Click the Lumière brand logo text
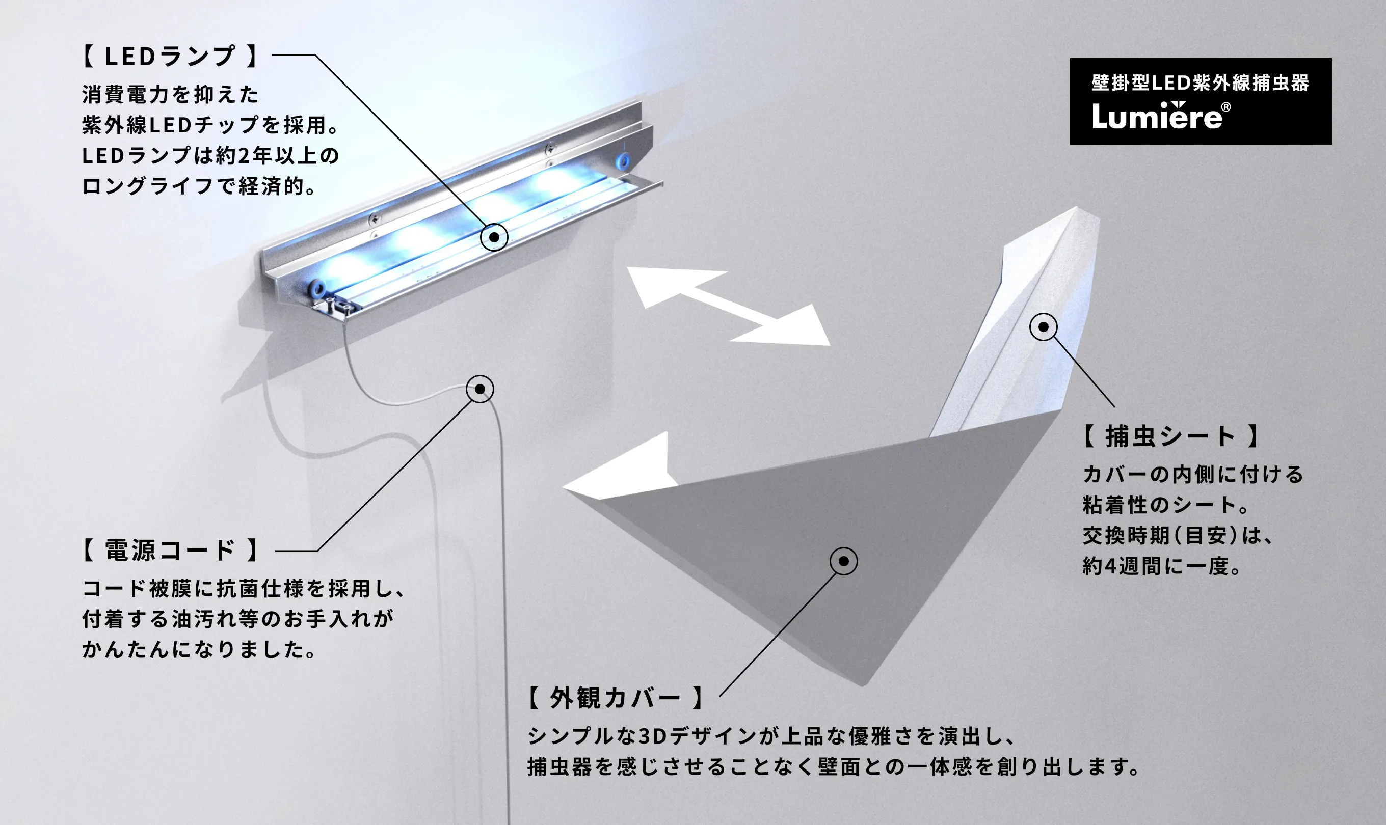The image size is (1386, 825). [1157, 117]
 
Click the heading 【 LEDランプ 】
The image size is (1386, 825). [170, 56]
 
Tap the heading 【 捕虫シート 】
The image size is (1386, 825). [1171, 436]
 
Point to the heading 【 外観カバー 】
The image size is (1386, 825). [615, 697]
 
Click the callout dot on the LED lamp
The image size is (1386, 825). [494, 237]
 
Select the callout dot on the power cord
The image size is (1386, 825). [479, 389]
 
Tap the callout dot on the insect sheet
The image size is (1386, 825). [1044, 327]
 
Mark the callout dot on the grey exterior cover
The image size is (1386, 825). [844, 562]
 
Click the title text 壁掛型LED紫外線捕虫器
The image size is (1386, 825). [1200, 83]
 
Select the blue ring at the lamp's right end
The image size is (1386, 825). [622, 161]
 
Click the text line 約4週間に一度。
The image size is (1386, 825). [1162, 566]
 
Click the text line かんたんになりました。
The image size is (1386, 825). [200, 649]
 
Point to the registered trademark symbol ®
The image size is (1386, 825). [1226, 107]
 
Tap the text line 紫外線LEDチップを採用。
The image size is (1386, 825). [210, 125]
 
